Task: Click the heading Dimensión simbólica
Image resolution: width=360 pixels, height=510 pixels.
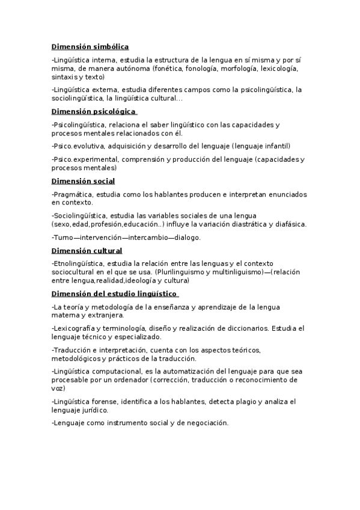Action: (90, 46)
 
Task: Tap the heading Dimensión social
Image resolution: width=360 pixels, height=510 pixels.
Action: (83, 180)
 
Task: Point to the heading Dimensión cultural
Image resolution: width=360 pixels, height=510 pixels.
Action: (87, 250)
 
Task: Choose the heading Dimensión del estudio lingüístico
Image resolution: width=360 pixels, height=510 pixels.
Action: (114, 293)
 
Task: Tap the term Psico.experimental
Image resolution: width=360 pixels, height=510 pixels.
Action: (86, 159)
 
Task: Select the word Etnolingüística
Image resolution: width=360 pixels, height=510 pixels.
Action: (79, 263)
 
